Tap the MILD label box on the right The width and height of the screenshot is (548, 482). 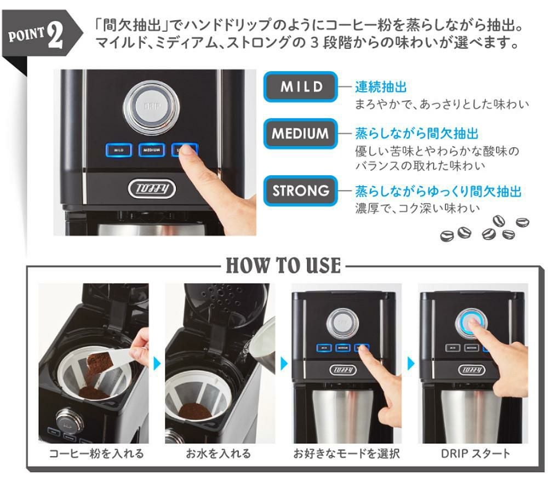click(x=301, y=87)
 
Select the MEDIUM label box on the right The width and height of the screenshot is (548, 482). click(x=301, y=133)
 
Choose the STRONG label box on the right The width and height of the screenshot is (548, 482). click(x=301, y=191)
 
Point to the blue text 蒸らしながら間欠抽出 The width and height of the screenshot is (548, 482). click(x=416, y=133)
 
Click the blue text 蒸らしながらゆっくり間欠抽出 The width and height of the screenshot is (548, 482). click(x=438, y=191)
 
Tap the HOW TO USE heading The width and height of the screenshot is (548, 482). click(x=283, y=266)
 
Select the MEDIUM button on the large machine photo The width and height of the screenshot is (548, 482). click(x=151, y=150)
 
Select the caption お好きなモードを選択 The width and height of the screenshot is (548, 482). click(x=346, y=454)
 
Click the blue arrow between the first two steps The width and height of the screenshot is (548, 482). click(x=157, y=364)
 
